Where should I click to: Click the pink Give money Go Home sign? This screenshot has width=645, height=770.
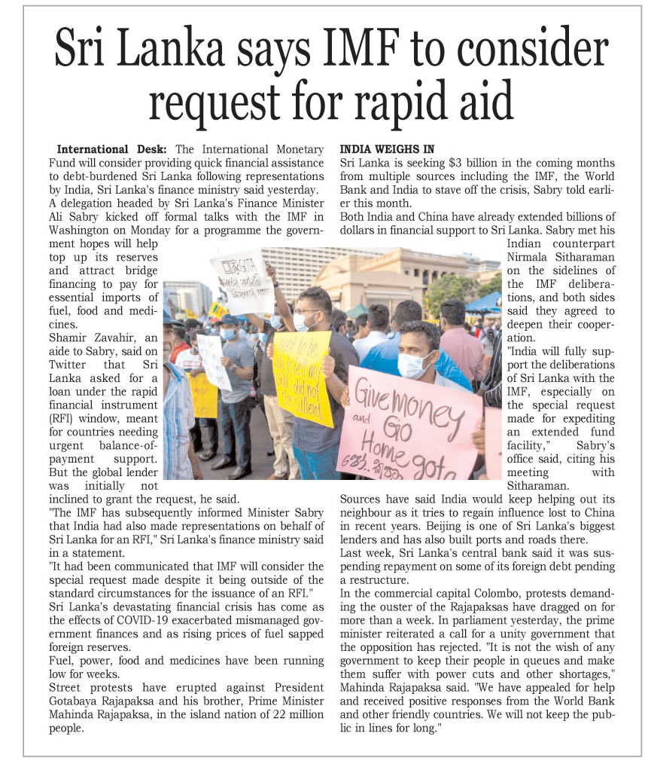click(x=407, y=423)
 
